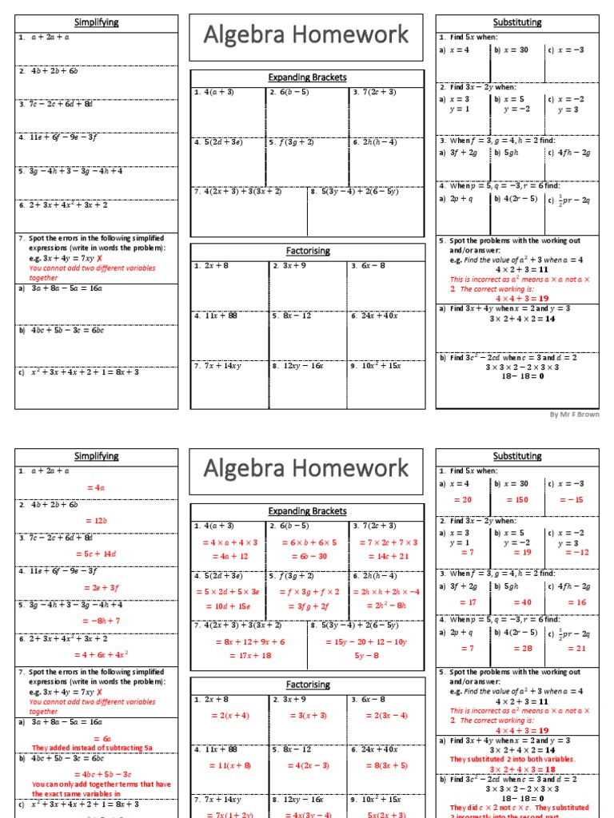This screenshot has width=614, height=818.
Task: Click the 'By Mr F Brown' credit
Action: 573,415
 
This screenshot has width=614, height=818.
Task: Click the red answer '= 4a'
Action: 96,486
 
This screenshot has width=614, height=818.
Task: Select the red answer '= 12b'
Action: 96,520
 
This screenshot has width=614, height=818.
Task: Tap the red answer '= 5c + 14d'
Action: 96,554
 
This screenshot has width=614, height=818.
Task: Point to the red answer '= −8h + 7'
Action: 96,620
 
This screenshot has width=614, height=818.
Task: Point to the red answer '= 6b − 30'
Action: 308,556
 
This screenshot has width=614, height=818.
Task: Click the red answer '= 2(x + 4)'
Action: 229,715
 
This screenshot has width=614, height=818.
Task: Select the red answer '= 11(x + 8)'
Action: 229,764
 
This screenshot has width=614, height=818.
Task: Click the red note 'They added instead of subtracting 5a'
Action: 92,747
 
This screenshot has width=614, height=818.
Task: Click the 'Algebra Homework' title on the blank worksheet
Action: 306,34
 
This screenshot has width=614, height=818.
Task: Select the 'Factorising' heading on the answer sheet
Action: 308,685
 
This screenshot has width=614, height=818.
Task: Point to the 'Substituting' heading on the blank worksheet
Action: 517,22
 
